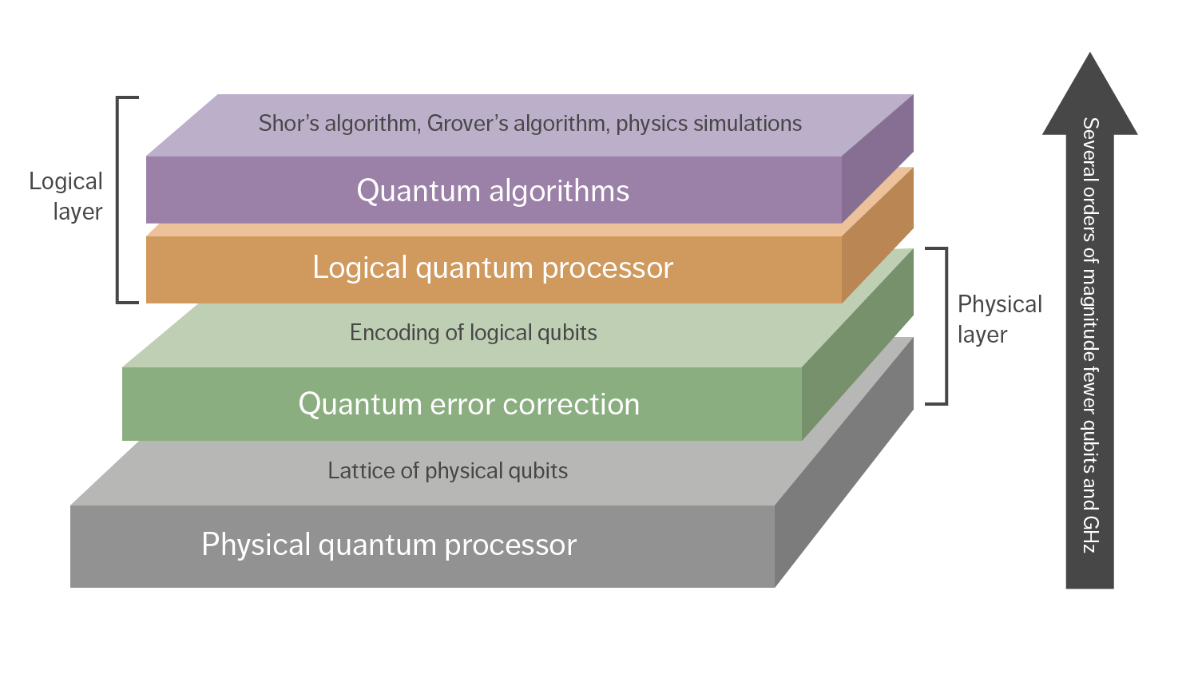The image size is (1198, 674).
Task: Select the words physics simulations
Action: click(708, 124)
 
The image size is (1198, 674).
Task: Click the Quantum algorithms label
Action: click(493, 192)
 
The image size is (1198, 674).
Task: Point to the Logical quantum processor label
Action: click(493, 268)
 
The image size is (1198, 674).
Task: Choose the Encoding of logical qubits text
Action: click(473, 333)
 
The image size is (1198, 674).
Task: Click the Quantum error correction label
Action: click(469, 405)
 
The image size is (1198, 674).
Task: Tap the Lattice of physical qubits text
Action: click(447, 471)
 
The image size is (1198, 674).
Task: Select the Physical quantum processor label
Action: click(389, 545)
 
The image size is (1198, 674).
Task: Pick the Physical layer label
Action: click(999, 319)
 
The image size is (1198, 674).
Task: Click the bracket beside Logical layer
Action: click(119, 200)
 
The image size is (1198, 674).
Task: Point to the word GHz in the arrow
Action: click(1090, 534)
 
